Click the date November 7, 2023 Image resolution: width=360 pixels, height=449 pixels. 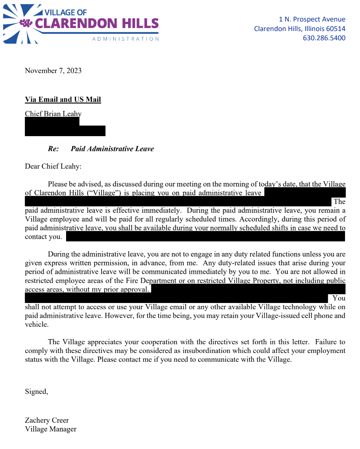point(53,71)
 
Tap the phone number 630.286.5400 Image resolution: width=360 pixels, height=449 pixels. point(324,38)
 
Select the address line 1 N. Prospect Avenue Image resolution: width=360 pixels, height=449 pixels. point(312,19)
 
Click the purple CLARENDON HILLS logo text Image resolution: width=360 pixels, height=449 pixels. point(97,24)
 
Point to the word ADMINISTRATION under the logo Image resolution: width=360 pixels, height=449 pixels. point(125,39)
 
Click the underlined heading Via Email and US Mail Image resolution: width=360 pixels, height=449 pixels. point(63,100)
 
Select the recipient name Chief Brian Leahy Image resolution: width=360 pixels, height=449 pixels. point(53,114)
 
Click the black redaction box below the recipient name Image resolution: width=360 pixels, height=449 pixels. point(65,130)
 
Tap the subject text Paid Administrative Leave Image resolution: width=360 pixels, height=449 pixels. point(112,149)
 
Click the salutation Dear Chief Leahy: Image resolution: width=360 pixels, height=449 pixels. point(53,166)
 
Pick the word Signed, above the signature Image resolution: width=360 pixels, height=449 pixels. point(36,392)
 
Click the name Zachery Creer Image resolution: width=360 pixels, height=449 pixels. point(47,420)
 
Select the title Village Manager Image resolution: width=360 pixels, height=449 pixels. point(51,429)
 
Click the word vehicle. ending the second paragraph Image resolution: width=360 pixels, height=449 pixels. point(37,325)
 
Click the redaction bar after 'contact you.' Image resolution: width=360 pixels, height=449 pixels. point(205,237)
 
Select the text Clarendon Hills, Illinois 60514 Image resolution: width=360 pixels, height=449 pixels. point(299,29)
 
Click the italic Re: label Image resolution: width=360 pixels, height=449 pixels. point(53,149)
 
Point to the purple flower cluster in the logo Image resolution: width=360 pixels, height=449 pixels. point(26,23)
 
